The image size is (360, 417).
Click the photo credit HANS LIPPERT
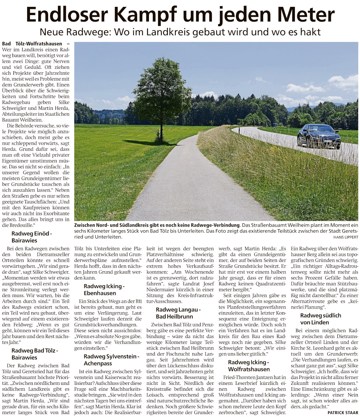tap(346, 237)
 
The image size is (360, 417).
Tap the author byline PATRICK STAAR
tap(343, 412)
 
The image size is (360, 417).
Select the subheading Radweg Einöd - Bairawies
tap(32, 237)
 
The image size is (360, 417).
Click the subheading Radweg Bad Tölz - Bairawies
tap(35, 354)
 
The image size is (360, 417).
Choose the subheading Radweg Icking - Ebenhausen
tap(104, 290)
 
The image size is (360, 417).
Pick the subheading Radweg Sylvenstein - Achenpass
tap(111, 360)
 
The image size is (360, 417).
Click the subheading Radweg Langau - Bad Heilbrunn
tap(178, 313)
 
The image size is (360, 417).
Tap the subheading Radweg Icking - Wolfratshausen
tap(249, 366)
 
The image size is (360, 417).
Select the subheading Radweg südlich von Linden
tap(320, 319)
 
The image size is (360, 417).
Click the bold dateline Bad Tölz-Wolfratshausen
tap(32, 44)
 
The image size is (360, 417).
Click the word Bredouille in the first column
tap(19, 225)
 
